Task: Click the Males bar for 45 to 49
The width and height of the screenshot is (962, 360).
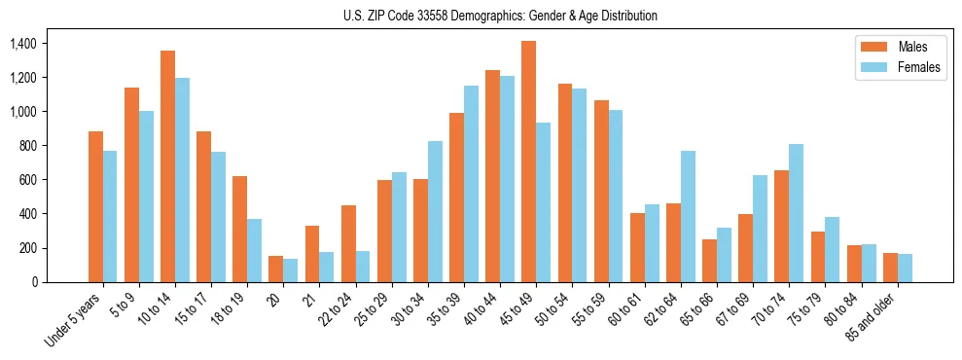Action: point(528,162)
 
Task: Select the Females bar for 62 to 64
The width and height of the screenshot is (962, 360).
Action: point(688,216)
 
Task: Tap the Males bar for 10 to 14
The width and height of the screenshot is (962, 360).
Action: point(167,166)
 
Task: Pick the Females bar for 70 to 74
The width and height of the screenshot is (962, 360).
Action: point(796,213)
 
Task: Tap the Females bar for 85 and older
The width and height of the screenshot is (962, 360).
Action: point(905,268)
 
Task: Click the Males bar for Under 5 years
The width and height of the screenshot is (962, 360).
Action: point(95,206)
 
